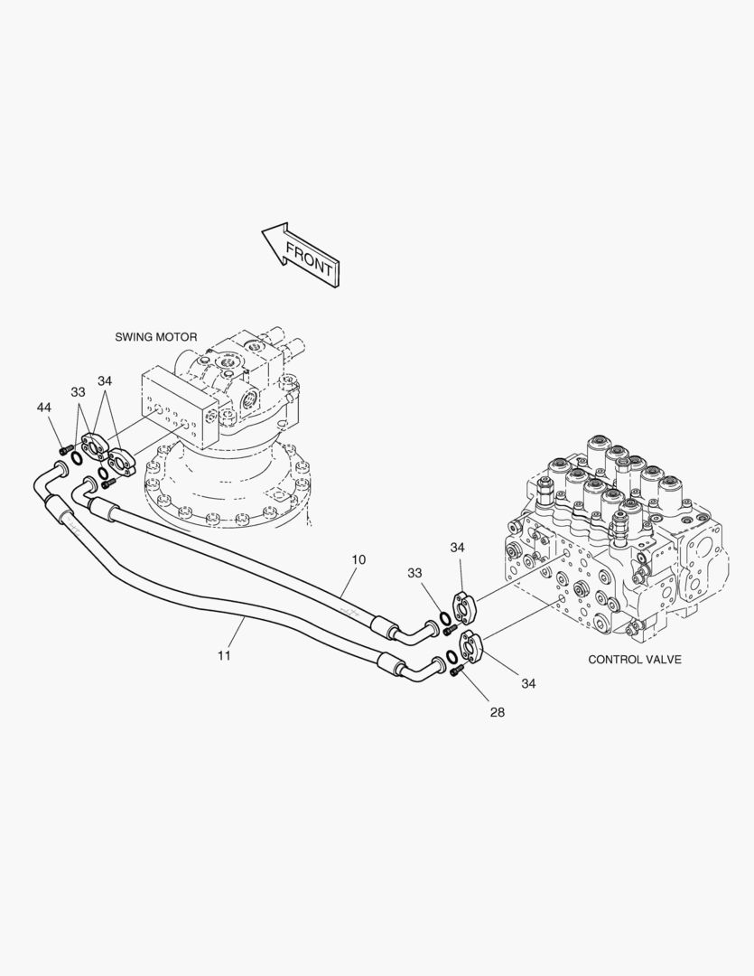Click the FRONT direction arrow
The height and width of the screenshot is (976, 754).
[301, 255]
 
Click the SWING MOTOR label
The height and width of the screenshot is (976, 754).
[155, 337]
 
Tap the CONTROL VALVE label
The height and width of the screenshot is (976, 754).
[635, 659]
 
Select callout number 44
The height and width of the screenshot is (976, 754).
[43, 407]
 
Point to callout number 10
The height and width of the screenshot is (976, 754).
[358, 559]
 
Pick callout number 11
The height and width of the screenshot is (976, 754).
[225, 655]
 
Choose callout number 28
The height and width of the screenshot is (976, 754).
[497, 712]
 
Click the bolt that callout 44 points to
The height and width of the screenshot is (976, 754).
[63, 449]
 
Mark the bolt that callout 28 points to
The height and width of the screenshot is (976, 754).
[456, 671]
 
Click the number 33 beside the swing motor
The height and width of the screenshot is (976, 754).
[78, 392]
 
